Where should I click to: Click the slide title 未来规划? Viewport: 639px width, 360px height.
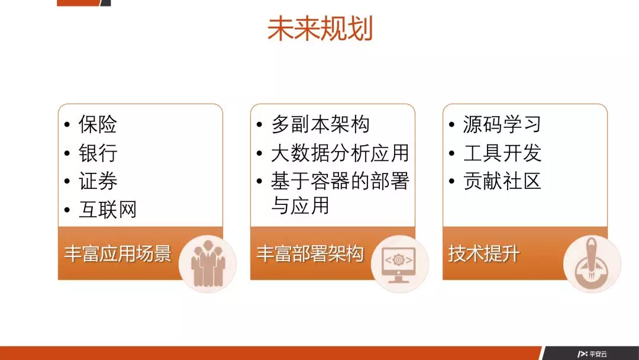(x=320, y=28)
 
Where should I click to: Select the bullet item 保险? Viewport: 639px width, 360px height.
(x=98, y=124)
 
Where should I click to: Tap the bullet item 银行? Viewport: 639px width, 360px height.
(x=98, y=153)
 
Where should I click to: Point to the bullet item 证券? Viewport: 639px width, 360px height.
(x=98, y=181)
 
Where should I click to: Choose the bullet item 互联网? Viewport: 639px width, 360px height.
(x=108, y=210)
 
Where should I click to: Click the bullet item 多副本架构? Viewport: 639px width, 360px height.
(x=320, y=124)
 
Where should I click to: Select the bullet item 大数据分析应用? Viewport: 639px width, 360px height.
(x=340, y=153)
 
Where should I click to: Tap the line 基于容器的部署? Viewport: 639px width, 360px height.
(x=340, y=181)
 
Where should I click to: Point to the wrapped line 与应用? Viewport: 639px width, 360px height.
(x=300, y=205)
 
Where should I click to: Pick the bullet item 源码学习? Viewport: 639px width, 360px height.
(x=502, y=124)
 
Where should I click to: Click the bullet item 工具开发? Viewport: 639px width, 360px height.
(x=502, y=153)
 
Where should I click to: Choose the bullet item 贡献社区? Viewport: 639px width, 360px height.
(x=502, y=181)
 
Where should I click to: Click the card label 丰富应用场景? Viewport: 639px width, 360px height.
(x=117, y=253)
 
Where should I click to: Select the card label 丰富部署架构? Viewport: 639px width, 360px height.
(x=309, y=253)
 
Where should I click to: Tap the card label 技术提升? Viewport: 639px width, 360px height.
(x=484, y=253)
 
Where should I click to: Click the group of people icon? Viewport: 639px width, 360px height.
(x=208, y=263)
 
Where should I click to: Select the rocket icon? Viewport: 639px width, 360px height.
(x=592, y=264)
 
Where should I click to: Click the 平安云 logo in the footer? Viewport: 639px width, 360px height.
(x=592, y=354)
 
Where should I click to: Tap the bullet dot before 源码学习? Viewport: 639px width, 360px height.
(x=451, y=124)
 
